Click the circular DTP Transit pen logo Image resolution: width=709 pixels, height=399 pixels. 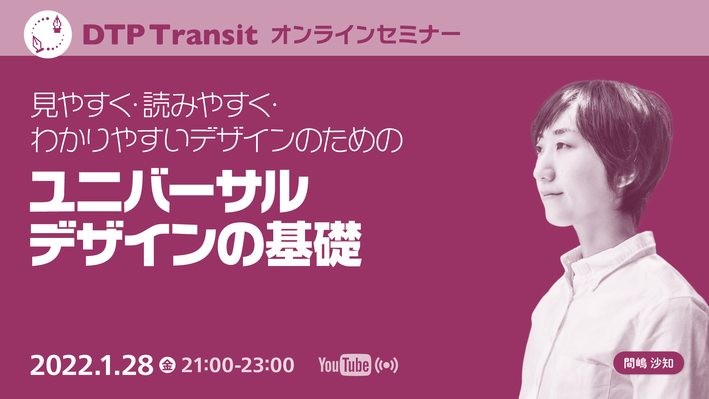pos(48,34)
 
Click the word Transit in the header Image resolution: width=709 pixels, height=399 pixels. pos(205,35)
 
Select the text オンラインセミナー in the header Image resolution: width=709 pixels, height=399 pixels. pos(366,35)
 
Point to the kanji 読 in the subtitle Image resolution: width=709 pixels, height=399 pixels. pos(157,105)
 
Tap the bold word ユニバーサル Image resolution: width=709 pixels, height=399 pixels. pos(169,191)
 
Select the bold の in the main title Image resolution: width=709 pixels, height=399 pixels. pos(240,245)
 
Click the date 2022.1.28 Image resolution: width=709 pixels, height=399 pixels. pos(92,365)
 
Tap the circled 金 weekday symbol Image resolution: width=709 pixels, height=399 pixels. pos(167,365)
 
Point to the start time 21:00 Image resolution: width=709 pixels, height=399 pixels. pos(208,365)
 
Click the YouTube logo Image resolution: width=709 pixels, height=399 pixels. pos(345,365)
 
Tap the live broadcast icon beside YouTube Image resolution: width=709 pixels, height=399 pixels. pos(386,365)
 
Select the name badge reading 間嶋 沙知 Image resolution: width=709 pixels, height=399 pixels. pos(648,363)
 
